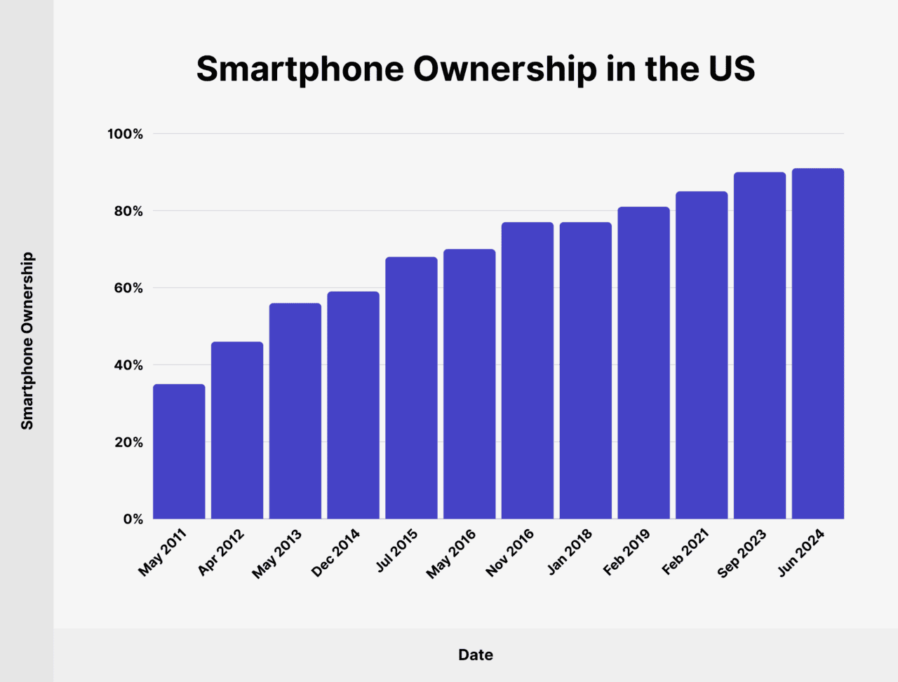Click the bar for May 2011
(x=179, y=452)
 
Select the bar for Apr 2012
(x=237, y=431)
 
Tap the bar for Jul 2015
(x=411, y=388)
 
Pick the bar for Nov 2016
(x=528, y=371)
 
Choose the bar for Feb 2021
(x=702, y=355)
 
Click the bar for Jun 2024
(x=818, y=344)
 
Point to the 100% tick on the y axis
(x=125, y=134)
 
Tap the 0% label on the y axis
(x=133, y=519)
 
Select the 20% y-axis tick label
(x=126, y=442)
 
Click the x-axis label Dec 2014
(x=335, y=553)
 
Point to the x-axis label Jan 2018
(x=570, y=552)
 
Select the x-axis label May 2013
(x=276, y=554)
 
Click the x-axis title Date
(x=476, y=655)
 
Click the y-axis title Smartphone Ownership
(x=27, y=341)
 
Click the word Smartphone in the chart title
(x=299, y=69)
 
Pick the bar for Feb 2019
(x=643, y=363)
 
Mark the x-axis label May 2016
(x=450, y=554)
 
